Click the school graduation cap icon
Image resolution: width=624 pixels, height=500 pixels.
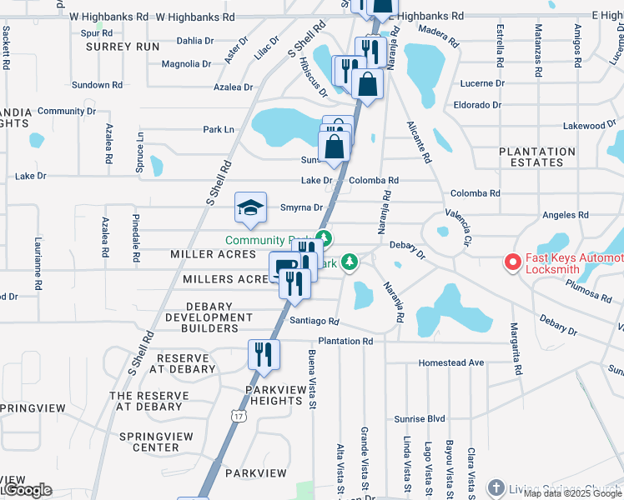(x=250, y=207)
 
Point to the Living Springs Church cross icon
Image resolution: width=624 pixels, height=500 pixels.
(x=496, y=487)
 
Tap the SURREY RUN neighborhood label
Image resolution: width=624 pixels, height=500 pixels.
(x=123, y=47)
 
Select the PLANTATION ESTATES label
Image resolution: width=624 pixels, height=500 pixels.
(x=536, y=157)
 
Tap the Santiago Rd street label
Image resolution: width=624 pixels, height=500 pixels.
(x=314, y=321)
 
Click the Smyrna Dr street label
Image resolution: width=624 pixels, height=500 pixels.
(x=301, y=207)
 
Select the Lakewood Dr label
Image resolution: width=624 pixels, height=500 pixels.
(x=583, y=126)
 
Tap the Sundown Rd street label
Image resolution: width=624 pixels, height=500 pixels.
(x=97, y=85)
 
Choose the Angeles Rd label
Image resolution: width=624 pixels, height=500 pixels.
(x=566, y=214)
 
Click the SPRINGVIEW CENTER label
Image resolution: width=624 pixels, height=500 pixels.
(x=156, y=442)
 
